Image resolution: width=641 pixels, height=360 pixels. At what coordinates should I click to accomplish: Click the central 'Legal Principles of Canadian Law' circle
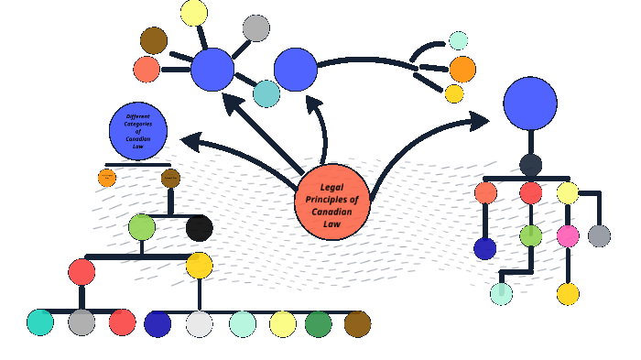[332, 202]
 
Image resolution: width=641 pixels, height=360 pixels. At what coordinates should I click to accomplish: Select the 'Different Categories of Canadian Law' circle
[138, 131]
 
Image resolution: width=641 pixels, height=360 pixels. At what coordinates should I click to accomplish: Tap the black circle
[199, 228]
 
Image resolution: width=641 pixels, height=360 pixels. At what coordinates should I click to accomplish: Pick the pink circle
[568, 236]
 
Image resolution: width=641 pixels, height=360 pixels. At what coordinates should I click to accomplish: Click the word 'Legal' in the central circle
[331, 187]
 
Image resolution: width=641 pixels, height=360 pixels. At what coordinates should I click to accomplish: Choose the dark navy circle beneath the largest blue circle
[530, 165]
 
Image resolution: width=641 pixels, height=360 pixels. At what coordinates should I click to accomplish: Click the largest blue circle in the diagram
[530, 104]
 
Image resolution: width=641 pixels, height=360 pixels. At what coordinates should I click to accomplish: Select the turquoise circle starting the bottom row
[40, 322]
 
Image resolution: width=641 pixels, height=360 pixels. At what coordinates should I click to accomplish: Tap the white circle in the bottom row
[199, 324]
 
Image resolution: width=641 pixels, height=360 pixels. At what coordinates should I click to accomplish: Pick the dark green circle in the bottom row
[318, 324]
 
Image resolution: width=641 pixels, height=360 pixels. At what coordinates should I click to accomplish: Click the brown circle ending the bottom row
[357, 324]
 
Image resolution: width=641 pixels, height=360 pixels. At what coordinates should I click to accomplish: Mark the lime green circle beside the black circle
[142, 227]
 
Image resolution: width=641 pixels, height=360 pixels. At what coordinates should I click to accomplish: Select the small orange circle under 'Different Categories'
[107, 178]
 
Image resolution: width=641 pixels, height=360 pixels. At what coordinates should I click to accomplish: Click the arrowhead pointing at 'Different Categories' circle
[190, 141]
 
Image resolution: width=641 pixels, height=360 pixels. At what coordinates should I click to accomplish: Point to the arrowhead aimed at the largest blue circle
[480, 120]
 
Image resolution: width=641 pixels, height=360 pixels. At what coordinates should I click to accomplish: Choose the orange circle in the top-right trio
[462, 70]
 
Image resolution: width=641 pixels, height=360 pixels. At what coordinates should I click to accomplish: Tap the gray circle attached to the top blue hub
[256, 28]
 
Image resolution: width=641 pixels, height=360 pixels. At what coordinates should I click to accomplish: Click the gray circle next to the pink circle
[599, 236]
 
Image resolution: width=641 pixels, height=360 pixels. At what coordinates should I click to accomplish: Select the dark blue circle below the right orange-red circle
[485, 248]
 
